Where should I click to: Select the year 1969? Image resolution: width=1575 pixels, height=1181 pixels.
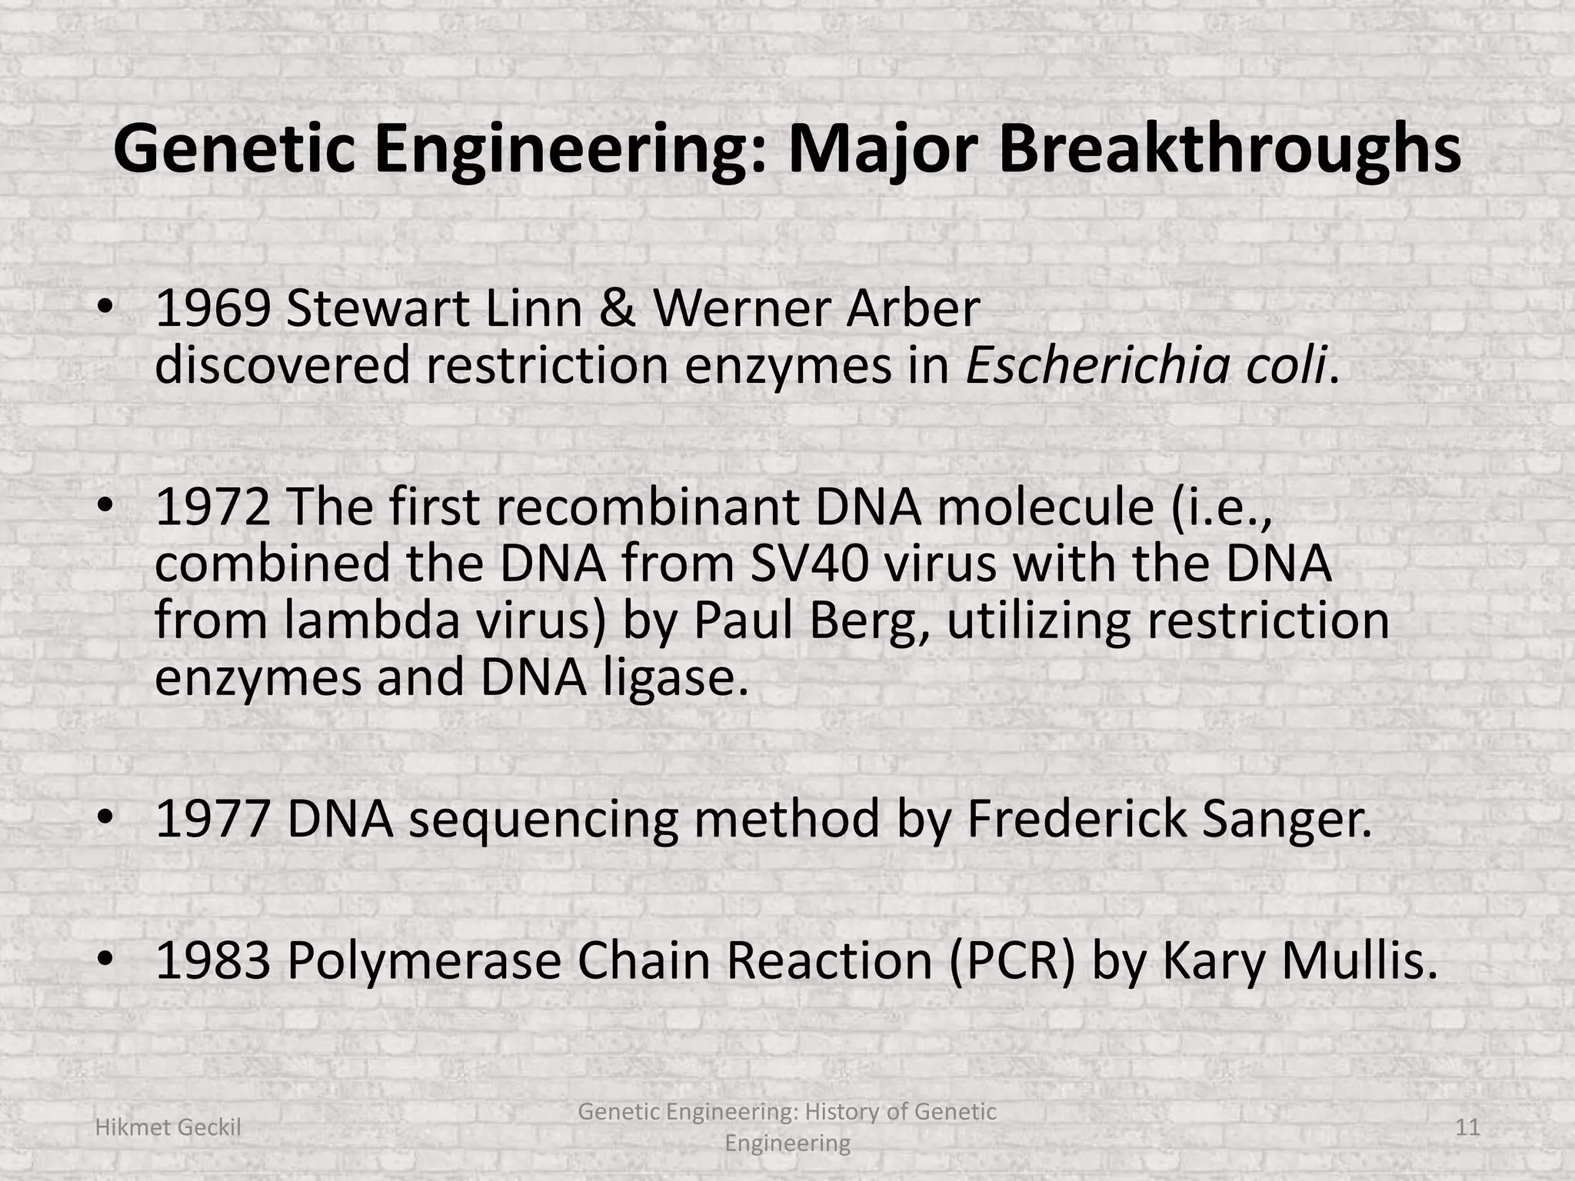(213, 309)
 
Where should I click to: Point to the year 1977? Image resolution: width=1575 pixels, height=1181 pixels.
(213, 819)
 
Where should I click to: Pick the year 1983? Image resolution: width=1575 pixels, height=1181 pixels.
(213, 961)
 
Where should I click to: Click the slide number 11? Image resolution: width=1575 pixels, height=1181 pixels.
(1467, 1128)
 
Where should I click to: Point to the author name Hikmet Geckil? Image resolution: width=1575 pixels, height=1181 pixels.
(168, 1128)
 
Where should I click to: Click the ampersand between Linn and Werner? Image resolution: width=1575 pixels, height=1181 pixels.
(616, 309)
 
